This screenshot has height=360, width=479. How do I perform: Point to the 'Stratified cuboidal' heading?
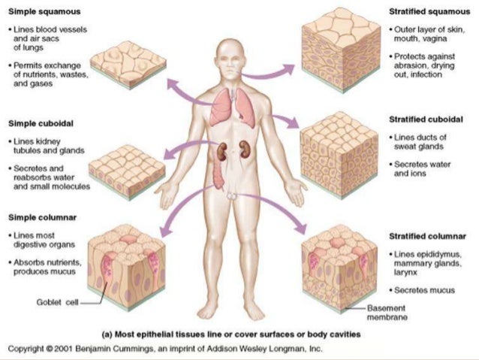tap(426, 119)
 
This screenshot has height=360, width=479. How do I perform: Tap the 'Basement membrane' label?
tap(388, 313)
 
